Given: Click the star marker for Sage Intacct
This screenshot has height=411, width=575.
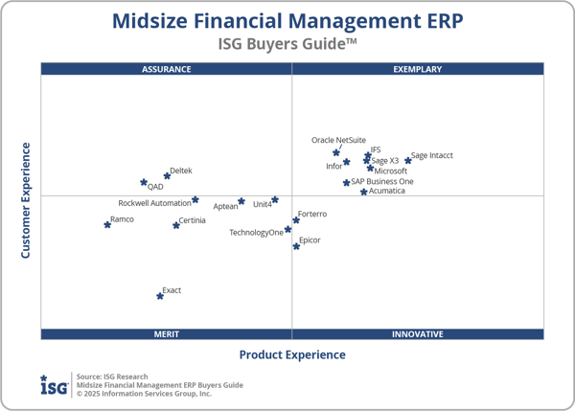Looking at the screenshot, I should click(407, 160).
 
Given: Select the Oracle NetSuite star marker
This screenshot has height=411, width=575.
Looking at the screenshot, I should click(336, 152).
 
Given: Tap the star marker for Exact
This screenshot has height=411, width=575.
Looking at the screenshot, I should click(160, 296).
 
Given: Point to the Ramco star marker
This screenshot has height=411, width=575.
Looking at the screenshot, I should click(107, 224).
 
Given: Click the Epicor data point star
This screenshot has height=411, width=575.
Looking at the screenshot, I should click(296, 246).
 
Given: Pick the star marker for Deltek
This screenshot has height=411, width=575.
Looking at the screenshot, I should click(167, 175).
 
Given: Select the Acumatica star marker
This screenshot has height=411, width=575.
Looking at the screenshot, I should click(364, 192).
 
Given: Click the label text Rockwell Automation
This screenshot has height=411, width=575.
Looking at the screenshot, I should click(154, 203).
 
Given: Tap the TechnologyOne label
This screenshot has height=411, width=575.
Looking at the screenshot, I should click(256, 233).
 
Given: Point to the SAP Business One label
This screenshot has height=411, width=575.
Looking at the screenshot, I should click(382, 181).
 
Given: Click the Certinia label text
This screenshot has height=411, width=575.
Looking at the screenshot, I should click(192, 221).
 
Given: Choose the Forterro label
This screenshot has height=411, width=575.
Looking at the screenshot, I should click(312, 215).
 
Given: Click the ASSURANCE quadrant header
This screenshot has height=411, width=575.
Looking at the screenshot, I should click(167, 69).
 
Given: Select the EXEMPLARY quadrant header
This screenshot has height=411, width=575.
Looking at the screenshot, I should click(418, 69).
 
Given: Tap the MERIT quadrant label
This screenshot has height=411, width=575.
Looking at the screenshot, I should click(167, 334).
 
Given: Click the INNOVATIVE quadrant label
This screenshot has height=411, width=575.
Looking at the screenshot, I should click(418, 334).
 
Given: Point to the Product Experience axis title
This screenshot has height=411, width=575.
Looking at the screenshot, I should click(292, 354).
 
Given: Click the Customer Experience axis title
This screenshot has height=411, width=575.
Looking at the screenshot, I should click(27, 200).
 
